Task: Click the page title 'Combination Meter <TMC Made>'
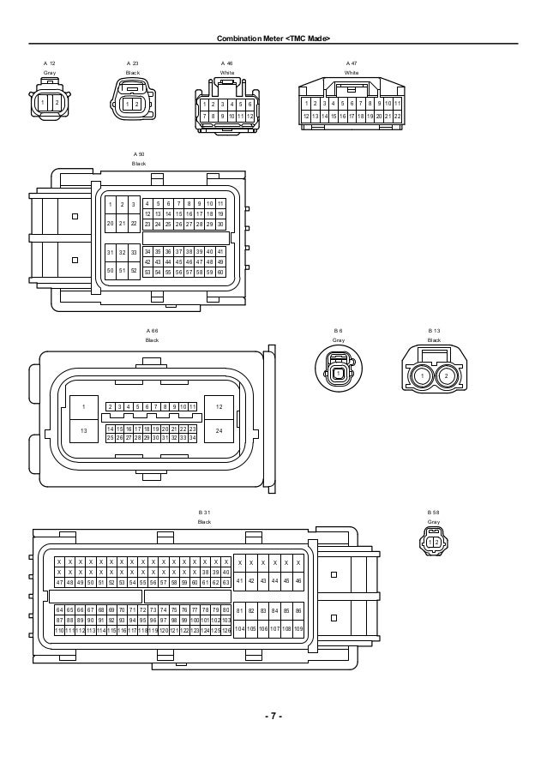click(x=273, y=37)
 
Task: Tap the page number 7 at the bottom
click(x=273, y=716)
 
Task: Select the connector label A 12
click(x=51, y=63)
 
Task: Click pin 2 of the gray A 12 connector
click(x=57, y=104)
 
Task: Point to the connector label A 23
click(x=133, y=63)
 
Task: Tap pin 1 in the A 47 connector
click(x=306, y=104)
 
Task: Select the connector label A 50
click(x=139, y=153)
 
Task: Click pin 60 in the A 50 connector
click(x=220, y=273)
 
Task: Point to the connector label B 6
click(x=339, y=330)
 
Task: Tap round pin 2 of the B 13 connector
click(x=446, y=375)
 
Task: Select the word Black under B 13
click(x=435, y=340)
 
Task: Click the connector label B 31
click(x=204, y=512)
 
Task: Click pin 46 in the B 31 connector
click(x=297, y=581)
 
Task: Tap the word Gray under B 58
click(x=434, y=522)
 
